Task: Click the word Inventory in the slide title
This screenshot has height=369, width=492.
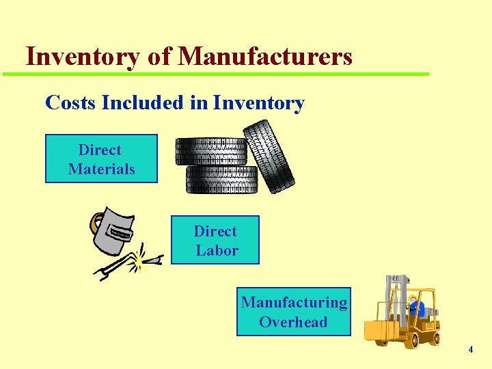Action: [x=82, y=57]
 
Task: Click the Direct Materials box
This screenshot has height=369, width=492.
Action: [x=101, y=159]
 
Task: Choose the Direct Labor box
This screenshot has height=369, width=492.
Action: [x=215, y=240]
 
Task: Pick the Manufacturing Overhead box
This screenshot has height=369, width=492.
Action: [x=293, y=312]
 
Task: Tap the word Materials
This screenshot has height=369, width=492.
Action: [x=101, y=169]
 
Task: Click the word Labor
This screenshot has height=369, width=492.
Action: [x=217, y=250]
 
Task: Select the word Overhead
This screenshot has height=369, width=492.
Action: [x=293, y=322]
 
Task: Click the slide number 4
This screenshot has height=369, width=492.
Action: [x=470, y=350]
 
